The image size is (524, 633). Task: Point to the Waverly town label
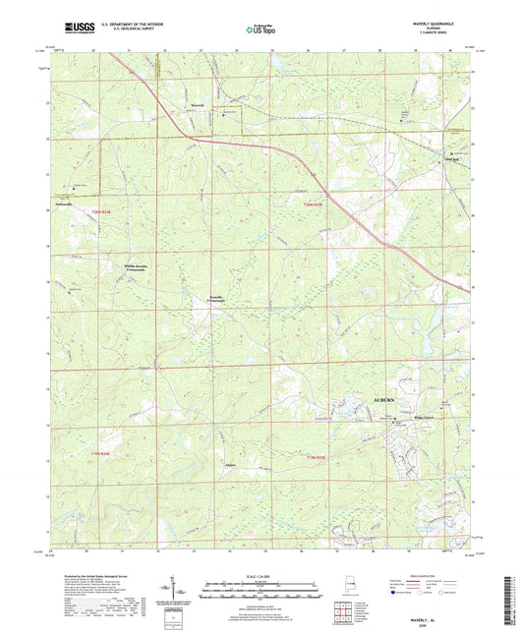tap(197, 102)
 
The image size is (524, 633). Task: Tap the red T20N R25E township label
tap(312, 203)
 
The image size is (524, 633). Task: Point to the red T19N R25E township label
tap(314, 454)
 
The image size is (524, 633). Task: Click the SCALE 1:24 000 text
tap(261, 576)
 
